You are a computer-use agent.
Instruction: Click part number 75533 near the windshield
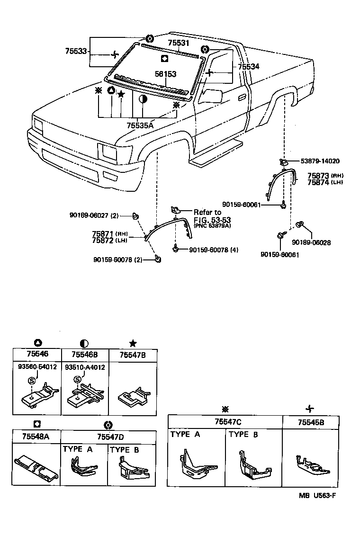76,51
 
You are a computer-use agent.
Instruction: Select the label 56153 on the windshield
166,74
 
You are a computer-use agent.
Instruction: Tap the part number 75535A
140,125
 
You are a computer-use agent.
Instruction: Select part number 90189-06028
311,242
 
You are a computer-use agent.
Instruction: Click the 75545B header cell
311,421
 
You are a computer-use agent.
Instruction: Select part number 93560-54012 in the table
36,367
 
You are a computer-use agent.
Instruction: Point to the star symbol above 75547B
133,343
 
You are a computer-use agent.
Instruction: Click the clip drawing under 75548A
36,468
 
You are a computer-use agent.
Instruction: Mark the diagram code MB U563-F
317,495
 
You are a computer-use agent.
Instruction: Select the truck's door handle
242,97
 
